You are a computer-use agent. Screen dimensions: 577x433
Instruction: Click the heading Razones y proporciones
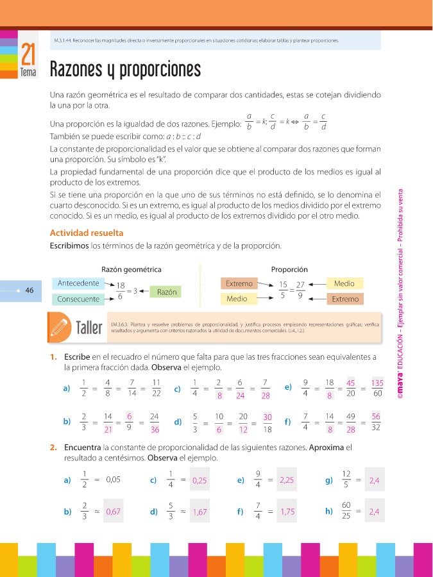[125, 69]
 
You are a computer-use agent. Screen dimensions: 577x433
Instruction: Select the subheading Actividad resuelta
[87, 233]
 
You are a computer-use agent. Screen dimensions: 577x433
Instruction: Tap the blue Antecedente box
[78, 283]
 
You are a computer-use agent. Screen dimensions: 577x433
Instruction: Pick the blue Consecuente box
[78, 299]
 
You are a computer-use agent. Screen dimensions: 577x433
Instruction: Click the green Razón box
[166, 292]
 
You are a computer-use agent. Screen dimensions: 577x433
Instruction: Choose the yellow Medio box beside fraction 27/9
[344, 283]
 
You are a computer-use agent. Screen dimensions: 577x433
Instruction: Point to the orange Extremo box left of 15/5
[239, 283]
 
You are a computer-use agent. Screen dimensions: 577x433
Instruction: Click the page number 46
[30, 290]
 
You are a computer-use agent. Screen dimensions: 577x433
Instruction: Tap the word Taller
[89, 328]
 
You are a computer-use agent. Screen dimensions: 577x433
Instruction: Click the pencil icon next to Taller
[59, 327]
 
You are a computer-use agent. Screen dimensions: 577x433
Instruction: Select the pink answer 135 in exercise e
[377, 383]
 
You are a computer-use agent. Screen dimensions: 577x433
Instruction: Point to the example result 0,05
[113, 480]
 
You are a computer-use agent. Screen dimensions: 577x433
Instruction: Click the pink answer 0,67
[113, 512]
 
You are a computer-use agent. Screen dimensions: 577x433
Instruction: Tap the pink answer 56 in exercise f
[376, 416]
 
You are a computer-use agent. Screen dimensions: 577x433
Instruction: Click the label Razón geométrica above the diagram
[132, 270]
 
